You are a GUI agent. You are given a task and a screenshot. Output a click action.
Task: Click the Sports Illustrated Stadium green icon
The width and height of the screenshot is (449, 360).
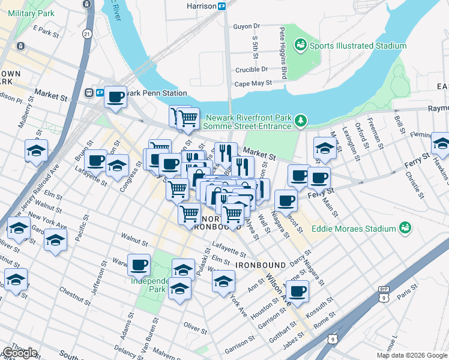(x=300, y=45)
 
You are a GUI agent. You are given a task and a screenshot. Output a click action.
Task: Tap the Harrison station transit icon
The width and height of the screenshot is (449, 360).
(x=221, y=6)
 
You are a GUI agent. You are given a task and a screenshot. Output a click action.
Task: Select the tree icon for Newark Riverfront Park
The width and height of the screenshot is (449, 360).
(x=301, y=122)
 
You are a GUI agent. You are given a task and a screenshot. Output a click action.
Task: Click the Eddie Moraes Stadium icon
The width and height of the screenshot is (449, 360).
(x=406, y=228)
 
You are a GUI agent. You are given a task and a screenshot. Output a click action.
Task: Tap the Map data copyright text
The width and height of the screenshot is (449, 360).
(x=411, y=355)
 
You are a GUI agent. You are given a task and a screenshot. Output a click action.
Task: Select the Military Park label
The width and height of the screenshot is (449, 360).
(x=29, y=13)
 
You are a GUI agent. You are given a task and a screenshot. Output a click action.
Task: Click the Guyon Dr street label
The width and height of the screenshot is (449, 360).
(x=246, y=26)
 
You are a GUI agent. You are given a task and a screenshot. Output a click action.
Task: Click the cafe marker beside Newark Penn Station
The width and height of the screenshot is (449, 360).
(x=115, y=96)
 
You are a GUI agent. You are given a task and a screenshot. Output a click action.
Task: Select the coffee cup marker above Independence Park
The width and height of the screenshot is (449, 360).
(x=139, y=263)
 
